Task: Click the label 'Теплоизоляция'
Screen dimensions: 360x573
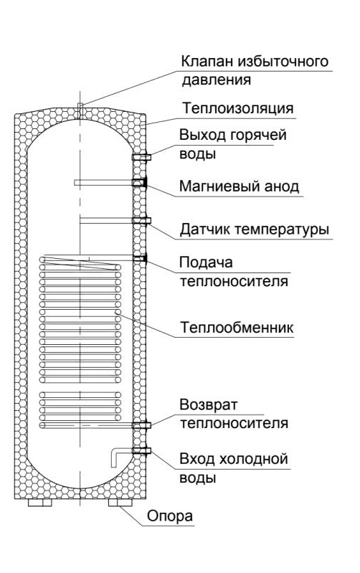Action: (237, 108)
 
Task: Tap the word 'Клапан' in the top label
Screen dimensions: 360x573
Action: (207, 61)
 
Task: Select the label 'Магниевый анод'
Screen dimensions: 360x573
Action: (239, 186)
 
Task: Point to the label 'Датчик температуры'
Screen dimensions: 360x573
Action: (255, 229)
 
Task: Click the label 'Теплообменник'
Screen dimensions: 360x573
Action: (237, 327)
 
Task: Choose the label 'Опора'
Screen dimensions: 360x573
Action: (170, 516)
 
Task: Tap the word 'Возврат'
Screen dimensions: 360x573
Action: (208, 404)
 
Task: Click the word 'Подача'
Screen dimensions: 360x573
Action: (206, 262)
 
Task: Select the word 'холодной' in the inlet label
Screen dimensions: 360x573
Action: (254, 459)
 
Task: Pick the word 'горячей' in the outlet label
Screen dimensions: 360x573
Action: (258, 136)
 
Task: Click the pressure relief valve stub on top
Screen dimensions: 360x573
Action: (81, 110)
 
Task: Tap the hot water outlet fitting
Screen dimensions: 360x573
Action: (141, 158)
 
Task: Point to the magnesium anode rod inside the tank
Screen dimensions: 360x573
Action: (103, 182)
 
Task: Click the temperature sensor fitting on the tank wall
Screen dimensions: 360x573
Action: (141, 220)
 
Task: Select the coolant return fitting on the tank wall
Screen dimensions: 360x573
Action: (141, 425)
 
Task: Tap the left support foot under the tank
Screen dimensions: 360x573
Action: (40, 503)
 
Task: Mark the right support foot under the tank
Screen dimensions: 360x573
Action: (120, 503)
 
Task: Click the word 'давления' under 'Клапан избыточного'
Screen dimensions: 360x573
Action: (217, 80)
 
